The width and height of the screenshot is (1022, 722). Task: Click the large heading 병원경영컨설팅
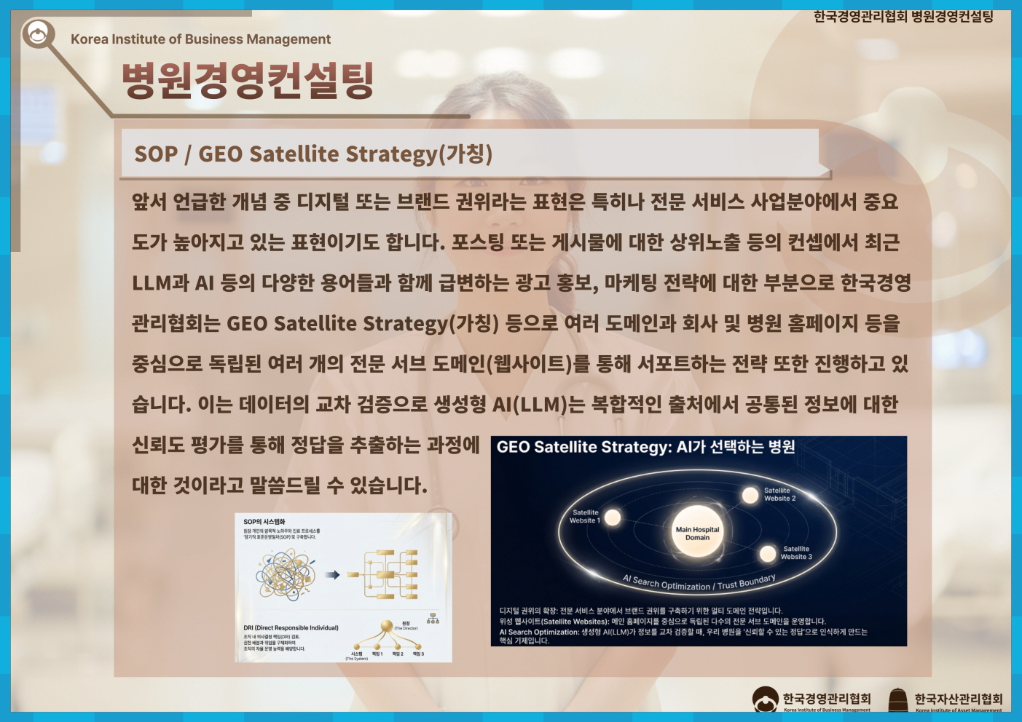248,80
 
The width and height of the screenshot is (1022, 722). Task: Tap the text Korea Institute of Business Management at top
200,39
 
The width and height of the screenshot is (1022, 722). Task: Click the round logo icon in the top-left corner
38,33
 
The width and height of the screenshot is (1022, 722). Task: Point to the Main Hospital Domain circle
697,533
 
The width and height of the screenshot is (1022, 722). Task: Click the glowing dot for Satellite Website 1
613,517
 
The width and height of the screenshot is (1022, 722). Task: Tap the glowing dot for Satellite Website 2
750,496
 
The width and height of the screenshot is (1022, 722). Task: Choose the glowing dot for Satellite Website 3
768,554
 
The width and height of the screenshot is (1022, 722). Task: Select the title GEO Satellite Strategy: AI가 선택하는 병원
645,447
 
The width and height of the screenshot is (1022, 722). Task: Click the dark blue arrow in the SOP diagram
332,575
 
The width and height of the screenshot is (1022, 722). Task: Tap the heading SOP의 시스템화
264,522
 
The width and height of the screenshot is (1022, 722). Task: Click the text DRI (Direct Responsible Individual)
291,627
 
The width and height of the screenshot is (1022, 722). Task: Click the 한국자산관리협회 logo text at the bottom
958,699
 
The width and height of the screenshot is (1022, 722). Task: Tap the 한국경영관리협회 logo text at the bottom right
826,699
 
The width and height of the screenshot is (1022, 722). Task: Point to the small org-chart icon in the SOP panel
433,619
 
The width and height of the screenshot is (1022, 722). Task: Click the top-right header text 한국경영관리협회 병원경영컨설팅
903,17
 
